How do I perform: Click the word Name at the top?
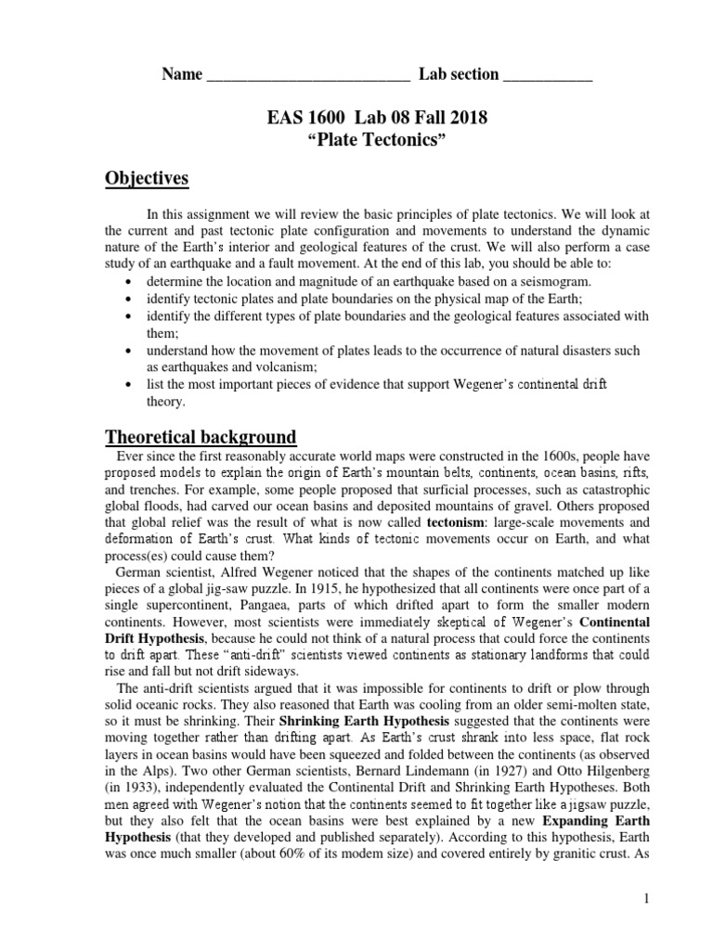point(182,75)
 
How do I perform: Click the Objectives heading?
point(148,177)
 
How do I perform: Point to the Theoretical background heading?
point(201,436)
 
